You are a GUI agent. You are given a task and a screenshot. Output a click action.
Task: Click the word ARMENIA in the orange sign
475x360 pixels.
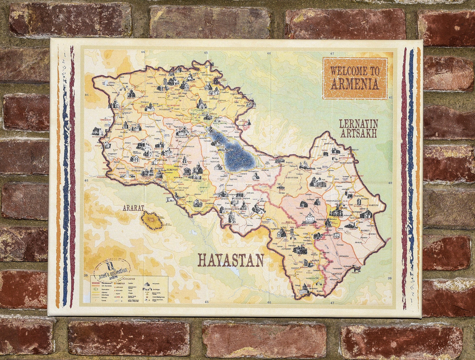(x=355, y=84)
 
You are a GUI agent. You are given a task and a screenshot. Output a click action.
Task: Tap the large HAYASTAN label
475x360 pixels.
(x=231, y=260)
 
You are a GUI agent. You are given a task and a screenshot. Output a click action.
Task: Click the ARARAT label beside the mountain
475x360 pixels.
(x=133, y=208)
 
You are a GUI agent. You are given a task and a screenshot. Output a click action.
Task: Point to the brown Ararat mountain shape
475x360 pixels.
(x=152, y=220)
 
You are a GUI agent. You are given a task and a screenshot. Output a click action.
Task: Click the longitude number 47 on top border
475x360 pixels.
(x=332, y=53)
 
